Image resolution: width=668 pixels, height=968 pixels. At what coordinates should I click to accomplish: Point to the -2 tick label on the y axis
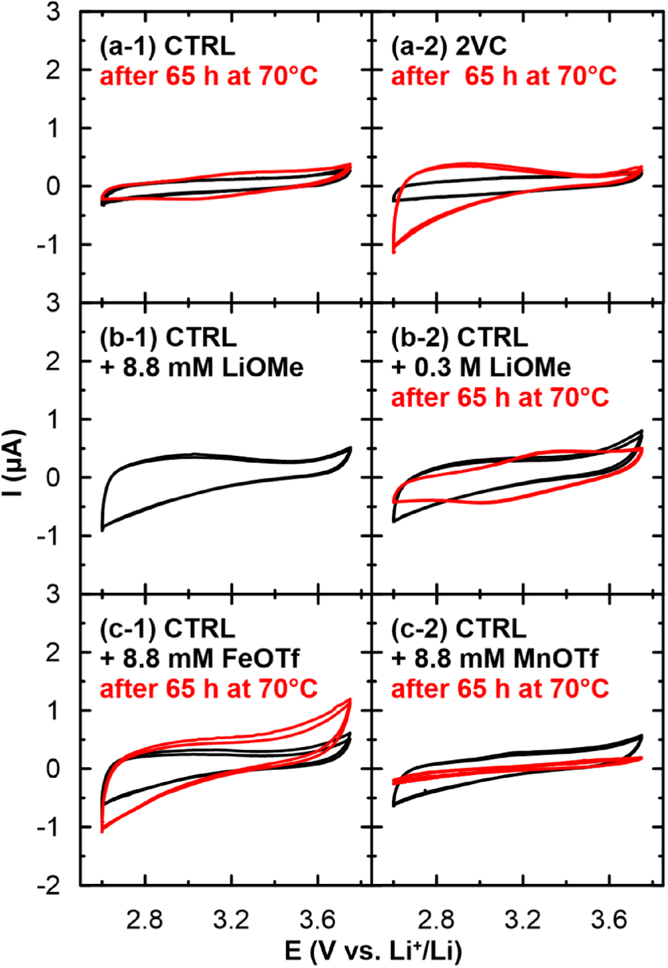click(x=51, y=885)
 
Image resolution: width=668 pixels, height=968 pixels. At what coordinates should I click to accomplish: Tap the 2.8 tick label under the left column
click(x=144, y=920)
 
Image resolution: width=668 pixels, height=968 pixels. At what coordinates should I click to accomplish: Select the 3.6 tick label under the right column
click(x=609, y=920)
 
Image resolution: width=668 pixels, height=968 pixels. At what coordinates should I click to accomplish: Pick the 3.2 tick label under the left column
click(x=231, y=920)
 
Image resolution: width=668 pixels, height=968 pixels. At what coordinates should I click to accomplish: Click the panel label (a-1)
click(x=129, y=47)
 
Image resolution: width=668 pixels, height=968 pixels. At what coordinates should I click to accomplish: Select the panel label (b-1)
click(x=130, y=338)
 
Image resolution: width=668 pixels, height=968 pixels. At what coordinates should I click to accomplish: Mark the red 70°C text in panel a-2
click(x=578, y=76)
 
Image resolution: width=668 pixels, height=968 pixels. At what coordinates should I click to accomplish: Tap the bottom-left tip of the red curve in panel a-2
click(x=393, y=251)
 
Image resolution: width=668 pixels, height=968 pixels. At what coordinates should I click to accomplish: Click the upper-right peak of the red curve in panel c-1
click(x=349, y=700)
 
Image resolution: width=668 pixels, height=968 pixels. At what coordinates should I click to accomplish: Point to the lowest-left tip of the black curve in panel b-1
click(x=102, y=529)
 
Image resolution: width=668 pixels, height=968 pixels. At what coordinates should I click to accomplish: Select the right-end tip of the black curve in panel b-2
click(x=641, y=431)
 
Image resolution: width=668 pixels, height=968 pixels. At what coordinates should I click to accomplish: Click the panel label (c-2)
click(x=420, y=629)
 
